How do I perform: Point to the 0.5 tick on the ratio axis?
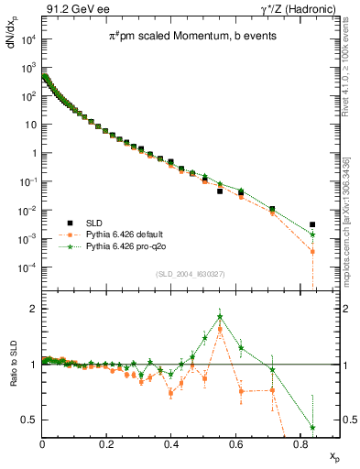point(30,420)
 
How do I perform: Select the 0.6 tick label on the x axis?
point(235,442)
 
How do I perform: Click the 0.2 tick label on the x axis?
point(107,442)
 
